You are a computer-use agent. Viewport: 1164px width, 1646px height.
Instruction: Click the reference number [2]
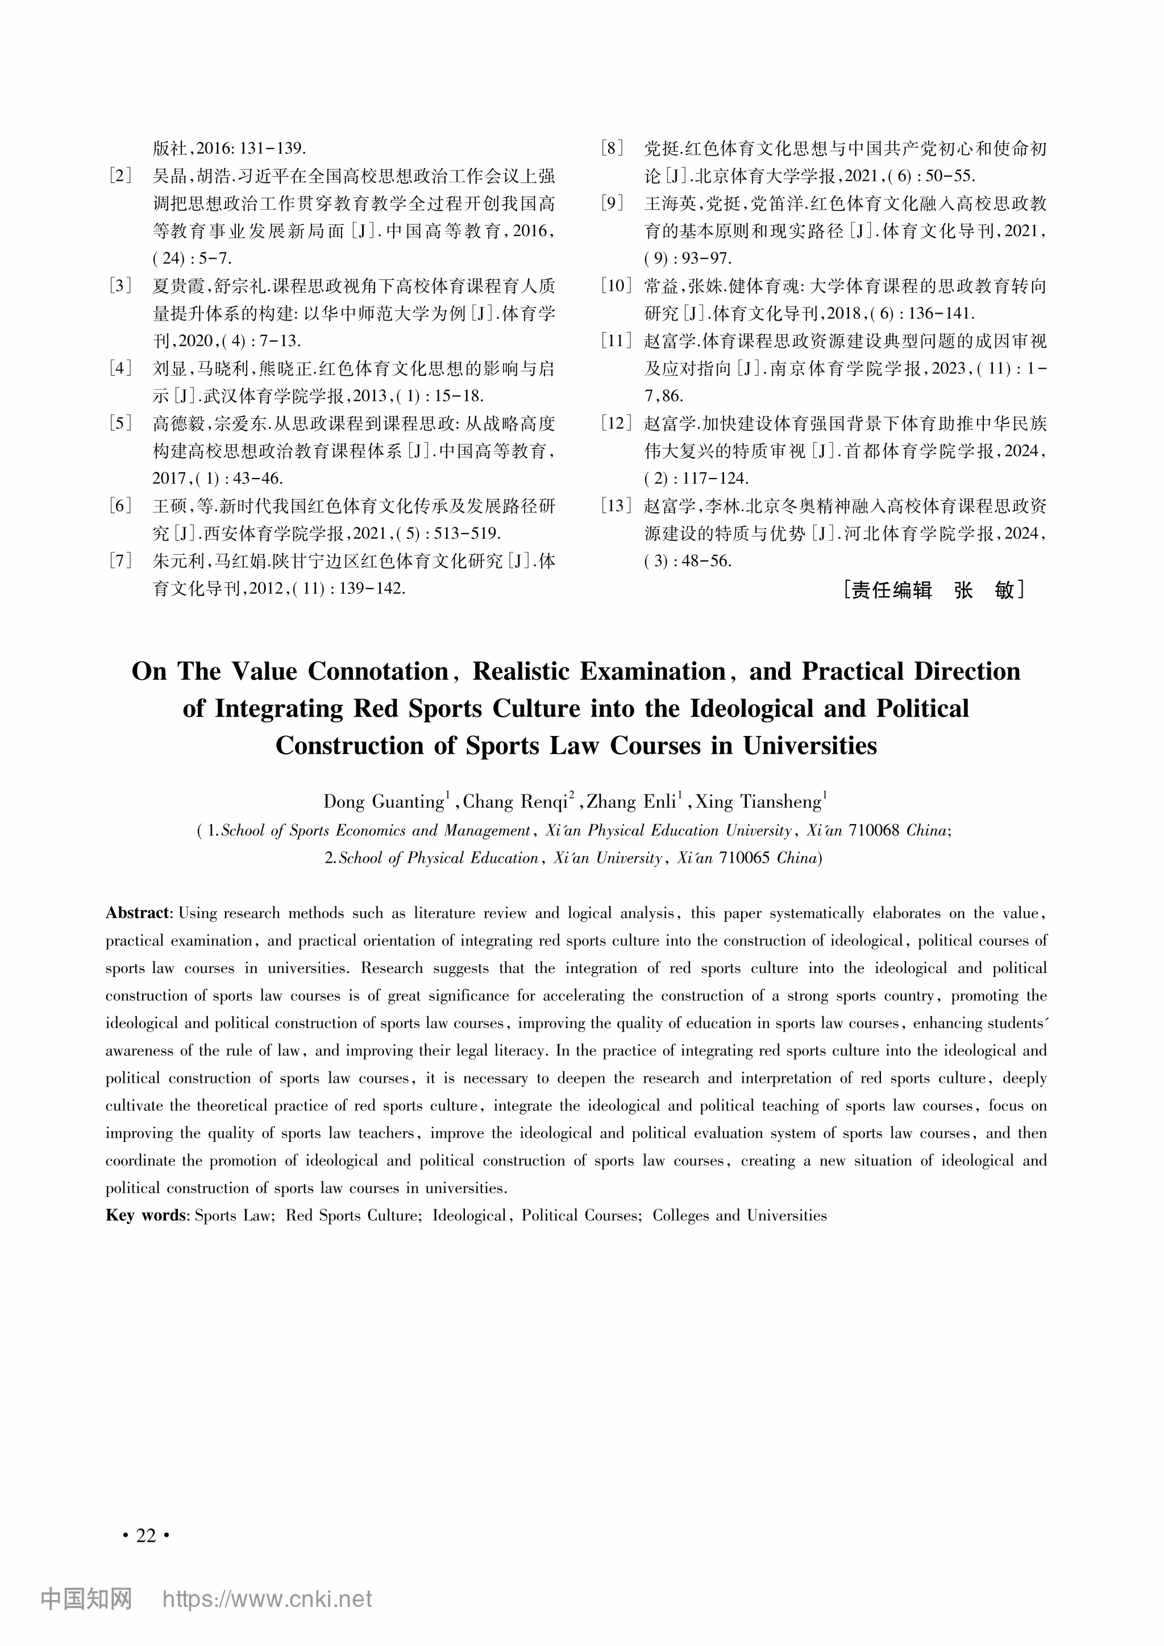tap(120, 176)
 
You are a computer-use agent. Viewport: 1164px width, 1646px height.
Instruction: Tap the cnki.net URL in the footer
tap(267, 1599)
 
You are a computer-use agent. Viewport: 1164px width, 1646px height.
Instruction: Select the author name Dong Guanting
tap(384, 801)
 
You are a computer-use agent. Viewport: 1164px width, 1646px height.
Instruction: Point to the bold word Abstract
tap(138, 913)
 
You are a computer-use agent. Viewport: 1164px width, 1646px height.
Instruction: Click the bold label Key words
tap(146, 1216)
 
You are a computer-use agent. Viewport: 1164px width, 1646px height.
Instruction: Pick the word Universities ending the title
tap(809, 746)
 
